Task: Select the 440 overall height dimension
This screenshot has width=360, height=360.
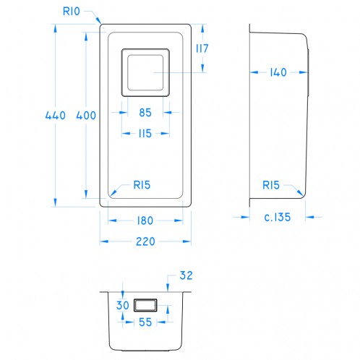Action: [55, 116]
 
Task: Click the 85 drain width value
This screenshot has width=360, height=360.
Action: [145, 112]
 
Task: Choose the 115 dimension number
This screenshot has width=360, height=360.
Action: [145, 133]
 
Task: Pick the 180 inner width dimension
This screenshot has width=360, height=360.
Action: [145, 221]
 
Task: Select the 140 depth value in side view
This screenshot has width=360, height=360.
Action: [278, 72]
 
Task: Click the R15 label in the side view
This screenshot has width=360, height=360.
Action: [272, 184]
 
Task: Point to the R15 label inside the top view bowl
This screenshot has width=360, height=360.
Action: [141, 184]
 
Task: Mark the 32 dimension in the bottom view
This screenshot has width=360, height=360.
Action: [186, 276]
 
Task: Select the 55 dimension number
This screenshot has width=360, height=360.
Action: [145, 322]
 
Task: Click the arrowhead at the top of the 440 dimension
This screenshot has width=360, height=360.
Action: [55, 28]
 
